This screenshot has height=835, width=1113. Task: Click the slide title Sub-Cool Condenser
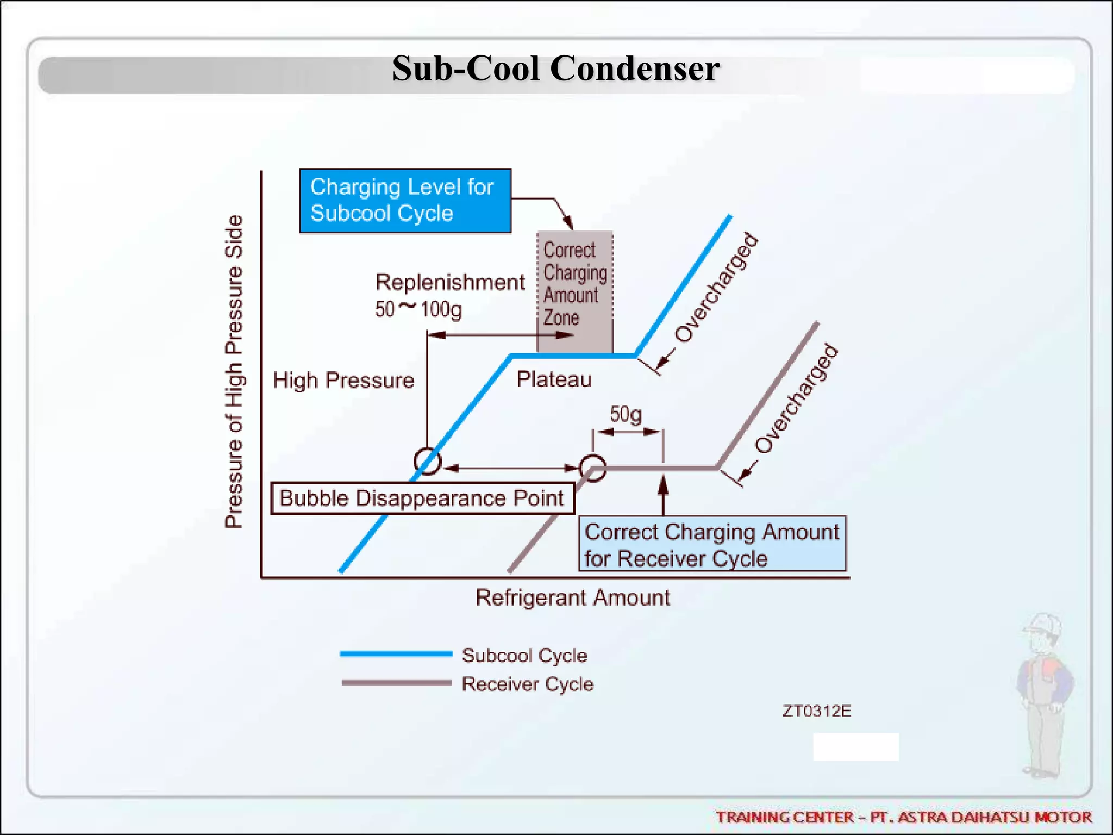pyautogui.click(x=555, y=69)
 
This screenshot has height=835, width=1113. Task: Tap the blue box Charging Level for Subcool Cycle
pyautogui.click(x=405, y=201)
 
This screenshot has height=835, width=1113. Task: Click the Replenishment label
pyautogui.click(x=450, y=282)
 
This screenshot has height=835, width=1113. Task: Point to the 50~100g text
pyautogui.click(x=418, y=309)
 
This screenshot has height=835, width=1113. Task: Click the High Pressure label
pyautogui.click(x=343, y=380)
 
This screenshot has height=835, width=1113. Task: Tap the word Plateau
pyautogui.click(x=554, y=379)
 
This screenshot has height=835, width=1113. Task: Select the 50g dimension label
pyautogui.click(x=626, y=414)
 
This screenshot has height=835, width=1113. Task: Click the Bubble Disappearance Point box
pyautogui.click(x=422, y=498)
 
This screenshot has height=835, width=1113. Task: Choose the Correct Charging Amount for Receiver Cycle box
pyautogui.click(x=711, y=544)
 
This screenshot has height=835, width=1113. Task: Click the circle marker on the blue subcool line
pyautogui.click(x=427, y=462)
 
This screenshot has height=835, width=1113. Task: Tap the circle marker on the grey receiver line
pyautogui.click(x=592, y=468)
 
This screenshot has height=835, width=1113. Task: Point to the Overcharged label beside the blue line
pyautogui.click(x=716, y=288)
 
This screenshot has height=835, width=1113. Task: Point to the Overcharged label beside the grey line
pyautogui.click(x=796, y=398)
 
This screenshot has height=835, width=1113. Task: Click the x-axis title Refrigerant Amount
pyautogui.click(x=572, y=597)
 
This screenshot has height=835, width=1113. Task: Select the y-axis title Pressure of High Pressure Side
pyautogui.click(x=234, y=371)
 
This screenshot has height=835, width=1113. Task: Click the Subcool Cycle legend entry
pyautogui.click(x=524, y=655)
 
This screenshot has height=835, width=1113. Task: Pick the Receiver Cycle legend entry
pyautogui.click(x=527, y=684)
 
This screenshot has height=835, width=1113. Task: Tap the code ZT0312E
pyautogui.click(x=816, y=711)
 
